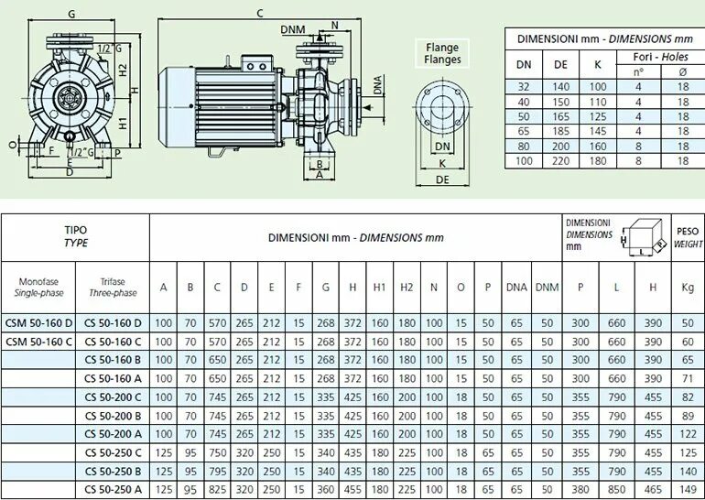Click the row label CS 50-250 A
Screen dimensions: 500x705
point(113,490)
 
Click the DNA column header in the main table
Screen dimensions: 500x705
point(516,287)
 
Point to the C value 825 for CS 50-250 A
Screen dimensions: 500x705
point(217,490)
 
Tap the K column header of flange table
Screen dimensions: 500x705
point(597,64)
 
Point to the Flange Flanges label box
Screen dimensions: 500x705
point(442,54)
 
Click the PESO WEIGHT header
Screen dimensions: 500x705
point(688,237)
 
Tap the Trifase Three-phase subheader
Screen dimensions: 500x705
point(113,287)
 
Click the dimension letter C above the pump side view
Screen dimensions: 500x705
point(260,12)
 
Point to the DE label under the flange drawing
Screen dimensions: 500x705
point(442,180)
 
